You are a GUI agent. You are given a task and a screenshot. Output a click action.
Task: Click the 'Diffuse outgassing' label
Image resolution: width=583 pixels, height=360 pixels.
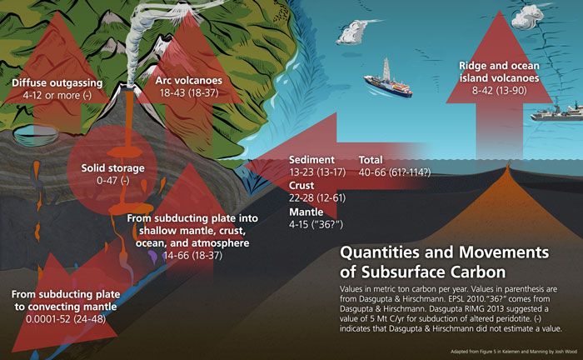57,82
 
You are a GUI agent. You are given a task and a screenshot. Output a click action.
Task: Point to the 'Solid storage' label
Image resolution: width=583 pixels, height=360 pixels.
114,167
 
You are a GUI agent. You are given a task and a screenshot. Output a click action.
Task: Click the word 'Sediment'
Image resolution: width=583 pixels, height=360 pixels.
311,160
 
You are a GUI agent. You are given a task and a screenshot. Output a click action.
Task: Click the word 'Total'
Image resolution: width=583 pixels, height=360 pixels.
371,160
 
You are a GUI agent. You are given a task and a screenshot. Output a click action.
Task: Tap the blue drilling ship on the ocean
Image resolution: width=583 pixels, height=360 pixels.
386,81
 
